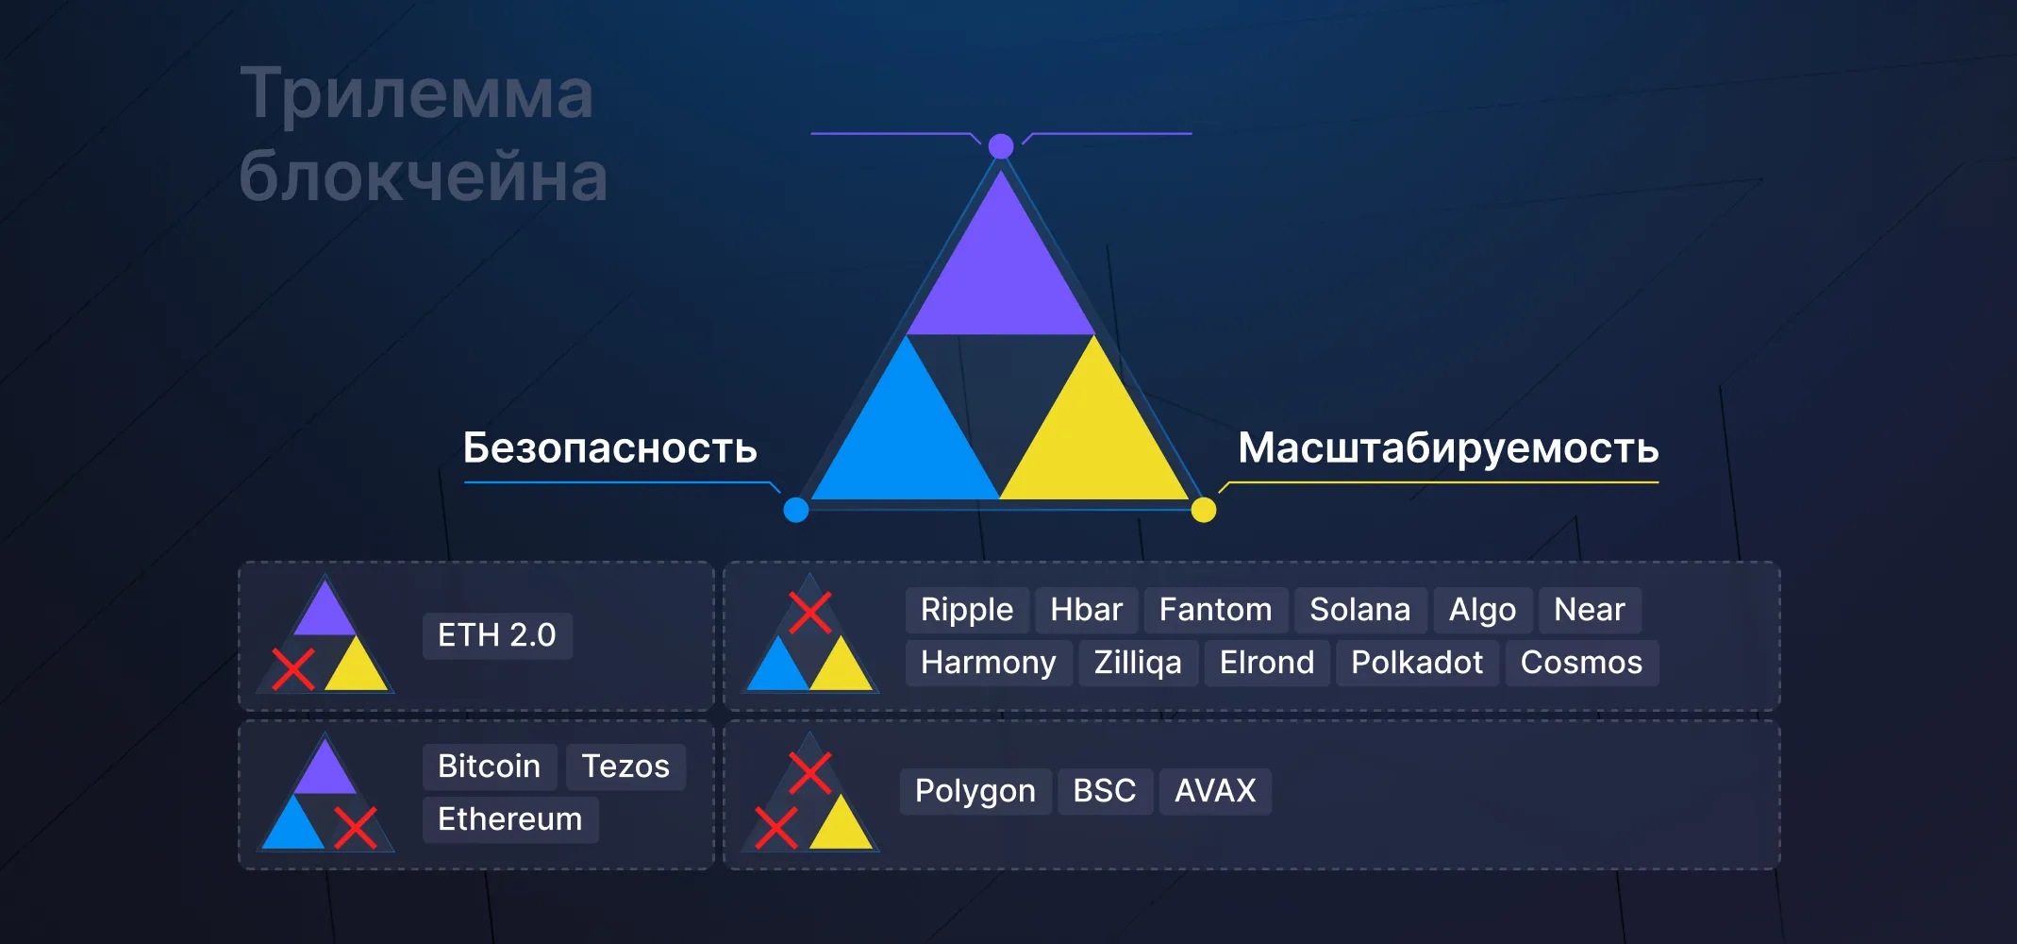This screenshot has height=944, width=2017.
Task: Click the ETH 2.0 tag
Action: tap(497, 635)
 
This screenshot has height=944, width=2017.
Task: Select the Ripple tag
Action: tap(967, 610)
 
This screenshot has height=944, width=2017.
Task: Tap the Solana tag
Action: tap(1359, 610)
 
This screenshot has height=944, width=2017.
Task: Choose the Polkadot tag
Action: tap(1416, 663)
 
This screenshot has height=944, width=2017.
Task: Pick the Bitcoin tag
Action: tap(489, 767)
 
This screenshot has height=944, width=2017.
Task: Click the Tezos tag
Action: tap(625, 767)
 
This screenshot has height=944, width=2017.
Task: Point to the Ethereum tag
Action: tap(509, 819)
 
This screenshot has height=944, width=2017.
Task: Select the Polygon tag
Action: tap(975, 791)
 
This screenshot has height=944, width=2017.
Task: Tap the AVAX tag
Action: tap(1214, 791)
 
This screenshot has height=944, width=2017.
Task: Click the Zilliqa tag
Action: tap(1137, 663)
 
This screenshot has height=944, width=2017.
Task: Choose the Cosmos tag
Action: tap(1581, 663)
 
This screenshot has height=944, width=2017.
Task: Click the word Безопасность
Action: tap(609, 448)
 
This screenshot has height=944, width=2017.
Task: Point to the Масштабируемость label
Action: tap(1448, 448)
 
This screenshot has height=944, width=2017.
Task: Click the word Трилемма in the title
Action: tap(416, 93)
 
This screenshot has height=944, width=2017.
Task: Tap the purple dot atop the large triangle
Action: tap(1001, 146)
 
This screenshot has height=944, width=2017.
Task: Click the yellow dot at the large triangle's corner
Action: tap(1204, 510)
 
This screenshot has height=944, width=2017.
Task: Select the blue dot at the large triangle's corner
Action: tap(796, 510)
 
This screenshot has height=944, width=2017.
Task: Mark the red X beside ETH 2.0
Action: tap(293, 669)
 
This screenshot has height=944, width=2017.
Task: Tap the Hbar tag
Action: tap(1086, 610)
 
